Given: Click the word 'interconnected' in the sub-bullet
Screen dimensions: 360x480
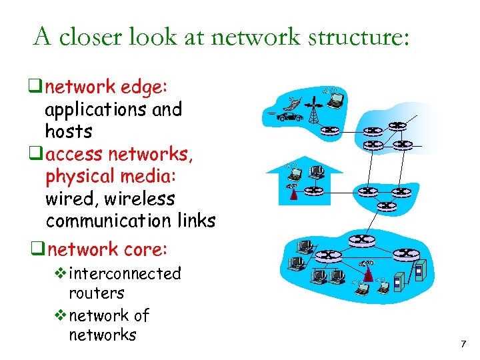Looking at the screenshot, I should pyautogui.click(x=125, y=273).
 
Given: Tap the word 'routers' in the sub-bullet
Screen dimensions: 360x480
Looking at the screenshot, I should pyautogui.click(x=96, y=293).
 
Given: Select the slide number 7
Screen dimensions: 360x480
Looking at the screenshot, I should pyautogui.click(x=463, y=344).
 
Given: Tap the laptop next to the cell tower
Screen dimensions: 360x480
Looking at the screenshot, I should pyautogui.click(x=336, y=100).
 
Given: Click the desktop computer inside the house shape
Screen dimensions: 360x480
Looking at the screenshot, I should pyautogui.click(x=317, y=172).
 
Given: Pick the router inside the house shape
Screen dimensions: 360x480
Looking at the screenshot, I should pyautogui.click(x=312, y=191).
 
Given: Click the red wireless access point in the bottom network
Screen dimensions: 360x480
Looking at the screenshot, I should pyautogui.click(x=367, y=272).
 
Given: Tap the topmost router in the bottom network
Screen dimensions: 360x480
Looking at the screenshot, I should pyautogui.click(x=361, y=239).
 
